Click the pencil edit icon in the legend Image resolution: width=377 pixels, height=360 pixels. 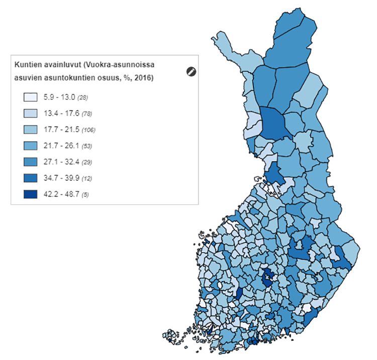(191, 71)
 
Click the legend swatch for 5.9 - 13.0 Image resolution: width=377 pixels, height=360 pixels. (31, 97)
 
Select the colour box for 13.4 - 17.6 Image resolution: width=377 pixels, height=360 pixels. (31, 113)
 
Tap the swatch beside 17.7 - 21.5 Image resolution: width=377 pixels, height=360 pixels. (31, 130)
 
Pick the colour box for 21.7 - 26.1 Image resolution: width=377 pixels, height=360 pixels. (31, 146)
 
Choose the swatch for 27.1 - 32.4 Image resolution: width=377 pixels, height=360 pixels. (31, 162)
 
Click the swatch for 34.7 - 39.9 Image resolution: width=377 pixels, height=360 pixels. (31, 178)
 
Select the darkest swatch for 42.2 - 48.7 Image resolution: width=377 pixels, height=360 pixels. (31, 194)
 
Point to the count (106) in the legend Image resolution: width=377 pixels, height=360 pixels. (88, 130)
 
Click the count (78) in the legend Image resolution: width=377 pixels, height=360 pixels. (86, 114)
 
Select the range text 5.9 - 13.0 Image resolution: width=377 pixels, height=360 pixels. (60, 97)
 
